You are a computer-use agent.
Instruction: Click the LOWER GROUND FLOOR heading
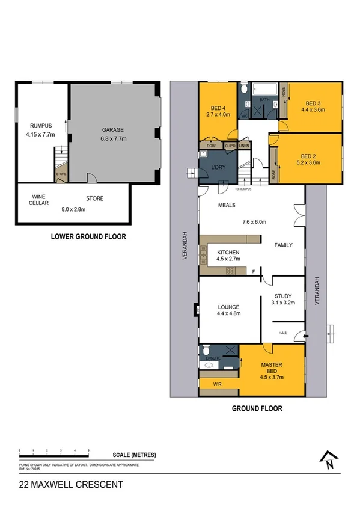pyautogui.click(x=88, y=236)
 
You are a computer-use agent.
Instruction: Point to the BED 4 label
pyautogui.click(x=218, y=108)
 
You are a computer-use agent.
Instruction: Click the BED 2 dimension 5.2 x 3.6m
pyautogui.click(x=308, y=161)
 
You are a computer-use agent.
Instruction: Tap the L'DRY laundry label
pyautogui.click(x=217, y=167)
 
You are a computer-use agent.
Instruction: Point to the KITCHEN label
pyautogui.click(x=228, y=253)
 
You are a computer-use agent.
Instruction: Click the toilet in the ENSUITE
pyautogui.click(x=206, y=349)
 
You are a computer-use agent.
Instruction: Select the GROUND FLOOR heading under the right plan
pyautogui.click(x=257, y=408)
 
